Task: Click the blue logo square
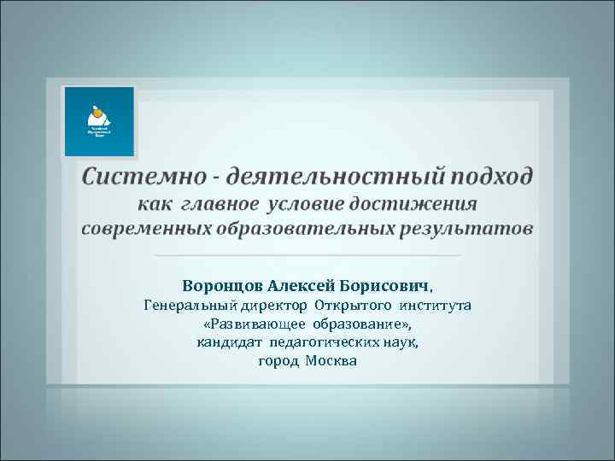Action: tap(100, 121)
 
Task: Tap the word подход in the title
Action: tap(487, 177)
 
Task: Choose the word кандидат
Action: tap(230, 343)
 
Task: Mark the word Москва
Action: tap(331, 362)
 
